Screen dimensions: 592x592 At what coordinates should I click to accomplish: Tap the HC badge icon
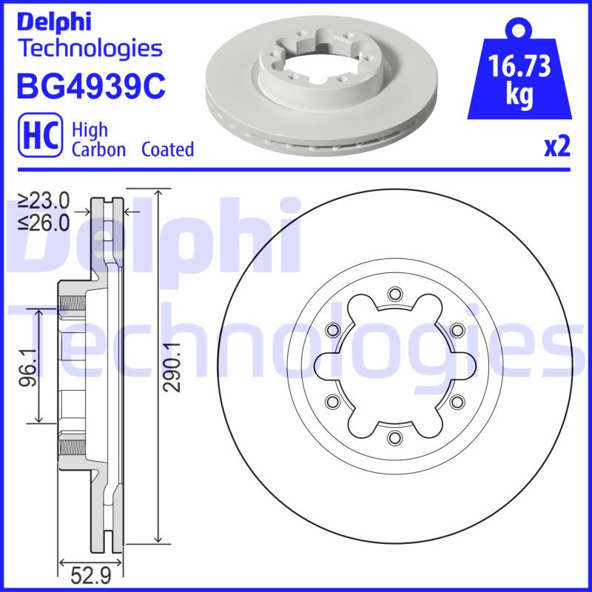[38, 139]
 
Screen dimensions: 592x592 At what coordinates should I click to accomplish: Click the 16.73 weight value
[519, 67]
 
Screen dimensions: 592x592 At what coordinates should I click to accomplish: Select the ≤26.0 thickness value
[44, 221]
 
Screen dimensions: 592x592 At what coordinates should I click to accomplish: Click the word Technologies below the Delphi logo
[89, 48]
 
